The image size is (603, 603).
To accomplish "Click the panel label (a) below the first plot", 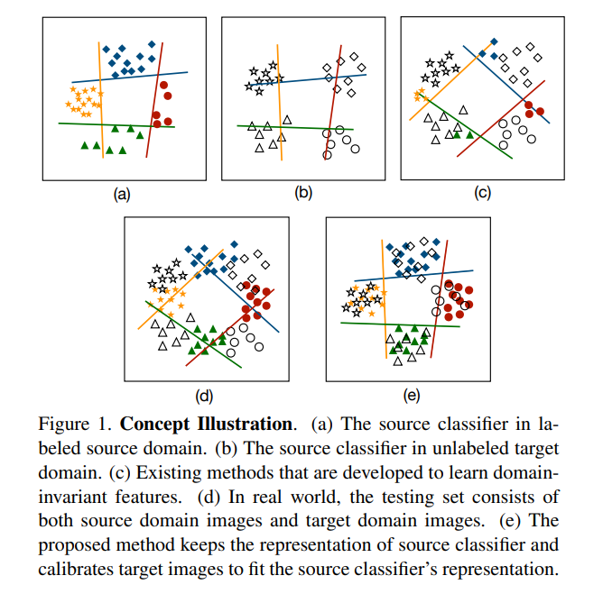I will [121, 193].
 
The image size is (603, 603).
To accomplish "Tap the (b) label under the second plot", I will [303, 192].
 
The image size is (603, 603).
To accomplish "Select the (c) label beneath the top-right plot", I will [482, 192].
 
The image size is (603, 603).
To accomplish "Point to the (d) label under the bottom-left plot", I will [204, 395].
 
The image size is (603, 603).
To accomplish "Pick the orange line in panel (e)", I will [383, 297].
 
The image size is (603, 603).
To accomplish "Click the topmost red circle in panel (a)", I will [165, 84].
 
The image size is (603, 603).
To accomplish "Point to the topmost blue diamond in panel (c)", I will [494, 42].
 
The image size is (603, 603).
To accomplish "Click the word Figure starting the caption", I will [60, 424].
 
